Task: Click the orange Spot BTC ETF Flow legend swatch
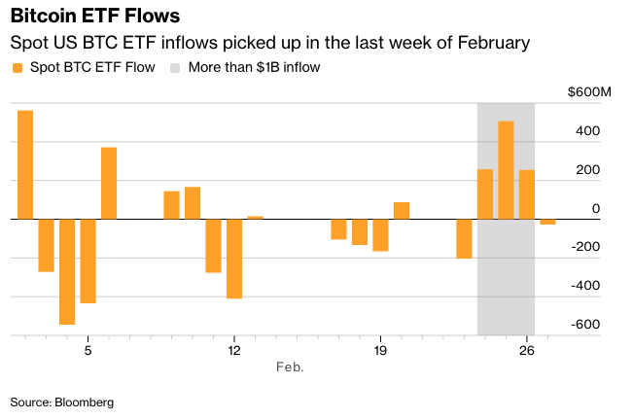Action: pyautogui.click(x=17, y=67)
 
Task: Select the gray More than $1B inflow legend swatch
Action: pyautogui.click(x=177, y=67)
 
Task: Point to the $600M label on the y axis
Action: pyautogui.click(x=590, y=92)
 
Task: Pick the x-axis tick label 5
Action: pyautogui.click(x=88, y=351)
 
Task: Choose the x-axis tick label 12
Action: pyautogui.click(x=233, y=351)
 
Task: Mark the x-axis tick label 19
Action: pyautogui.click(x=380, y=351)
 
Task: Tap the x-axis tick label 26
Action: pyautogui.click(x=527, y=351)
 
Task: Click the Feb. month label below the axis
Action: pyautogui.click(x=290, y=367)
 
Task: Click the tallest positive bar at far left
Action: pyautogui.click(x=25, y=164)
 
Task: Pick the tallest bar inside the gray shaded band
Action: pyautogui.click(x=506, y=170)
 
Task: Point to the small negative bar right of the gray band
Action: pyautogui.click(x=547, y=222)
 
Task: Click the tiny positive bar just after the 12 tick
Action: pyautogui.click(x=255, y=217)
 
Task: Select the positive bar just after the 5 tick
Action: pyautogui.click(x=109, y=183)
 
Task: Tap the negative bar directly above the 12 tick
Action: pyautogui.click(x=234, y=258)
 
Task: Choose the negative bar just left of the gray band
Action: pyautogui.click(x=464, y=238)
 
